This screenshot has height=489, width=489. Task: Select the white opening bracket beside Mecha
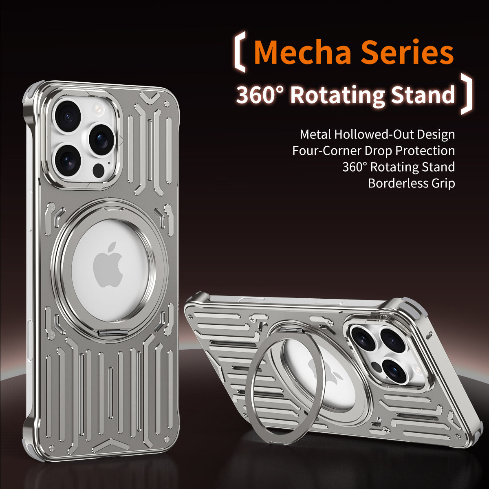(240, 53)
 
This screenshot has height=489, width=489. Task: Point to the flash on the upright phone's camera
(98, 108)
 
